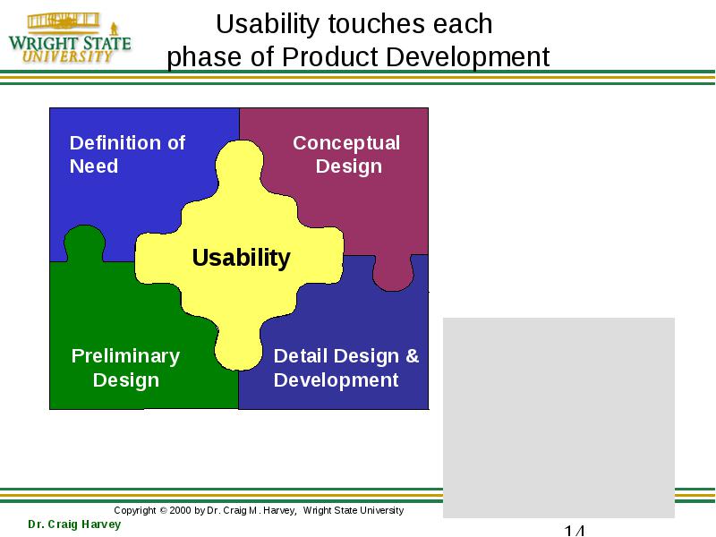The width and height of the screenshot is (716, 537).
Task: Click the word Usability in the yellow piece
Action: pos(241,258)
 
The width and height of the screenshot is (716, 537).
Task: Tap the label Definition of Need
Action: pos(127,154)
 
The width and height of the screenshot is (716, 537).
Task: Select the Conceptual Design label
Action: pos(346,155)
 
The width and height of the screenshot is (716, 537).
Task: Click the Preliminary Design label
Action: pos(125,368)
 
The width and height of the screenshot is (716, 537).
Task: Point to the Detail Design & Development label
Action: pos(346,368)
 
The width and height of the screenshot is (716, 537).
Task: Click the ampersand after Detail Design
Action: pos(413,355)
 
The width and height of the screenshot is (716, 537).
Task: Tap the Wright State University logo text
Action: pos(70,49)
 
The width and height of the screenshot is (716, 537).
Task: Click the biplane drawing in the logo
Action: pos(63,21)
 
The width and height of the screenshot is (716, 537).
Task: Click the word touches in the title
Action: pos(377,24)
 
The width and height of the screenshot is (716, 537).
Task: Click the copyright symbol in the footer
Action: pos(163,510)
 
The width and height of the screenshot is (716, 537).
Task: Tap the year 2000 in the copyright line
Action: pos(180,510)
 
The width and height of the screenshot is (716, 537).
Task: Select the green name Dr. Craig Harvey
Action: pos(74,524)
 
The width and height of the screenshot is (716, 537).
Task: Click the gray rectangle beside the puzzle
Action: pos(558,417)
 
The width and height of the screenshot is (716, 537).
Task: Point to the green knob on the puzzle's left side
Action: pos(84,242)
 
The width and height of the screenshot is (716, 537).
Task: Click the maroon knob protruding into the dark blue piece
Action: pos(393,274)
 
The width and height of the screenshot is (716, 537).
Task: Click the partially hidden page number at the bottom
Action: pos(574,531)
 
